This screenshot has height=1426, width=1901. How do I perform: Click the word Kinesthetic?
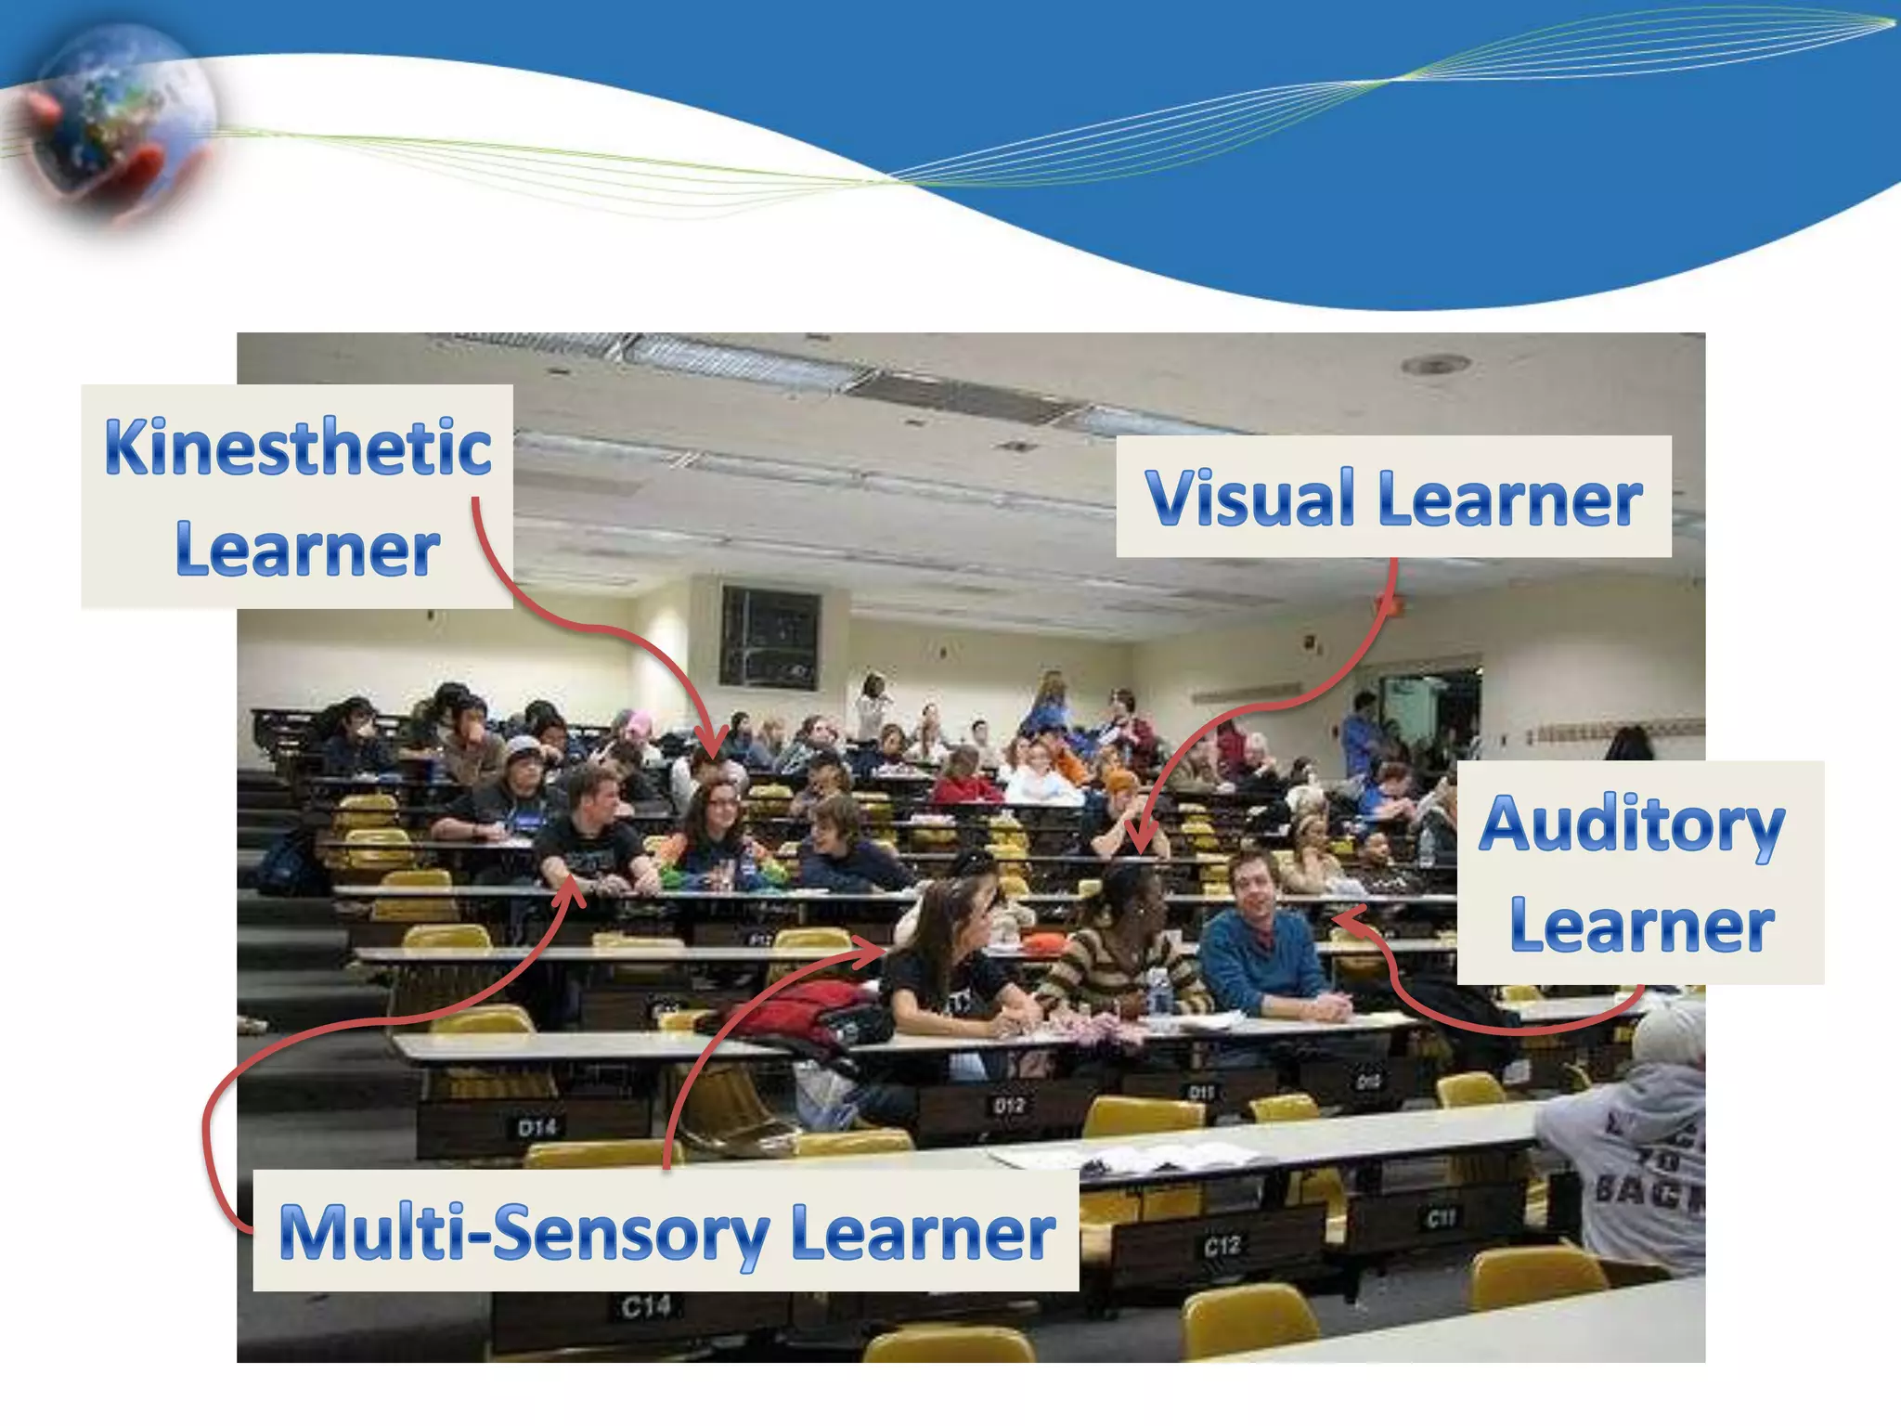[297, 448]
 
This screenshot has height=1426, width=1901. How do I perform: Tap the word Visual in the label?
[1249, 499]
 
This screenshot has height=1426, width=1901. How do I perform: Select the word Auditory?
[1631, 825]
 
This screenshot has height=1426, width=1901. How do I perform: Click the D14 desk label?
[537, 1128]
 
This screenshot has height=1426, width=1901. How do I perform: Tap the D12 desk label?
[1008, 1106]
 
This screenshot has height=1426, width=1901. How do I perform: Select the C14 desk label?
[646, 1307]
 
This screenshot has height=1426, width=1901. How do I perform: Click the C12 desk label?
[1222, 1246]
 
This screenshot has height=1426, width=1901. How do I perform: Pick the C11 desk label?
[1441, 1217]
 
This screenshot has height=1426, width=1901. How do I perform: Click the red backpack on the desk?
[803, 1012]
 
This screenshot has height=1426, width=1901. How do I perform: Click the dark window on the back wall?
[769, 637]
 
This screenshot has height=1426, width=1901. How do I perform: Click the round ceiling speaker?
[1435, 365]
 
